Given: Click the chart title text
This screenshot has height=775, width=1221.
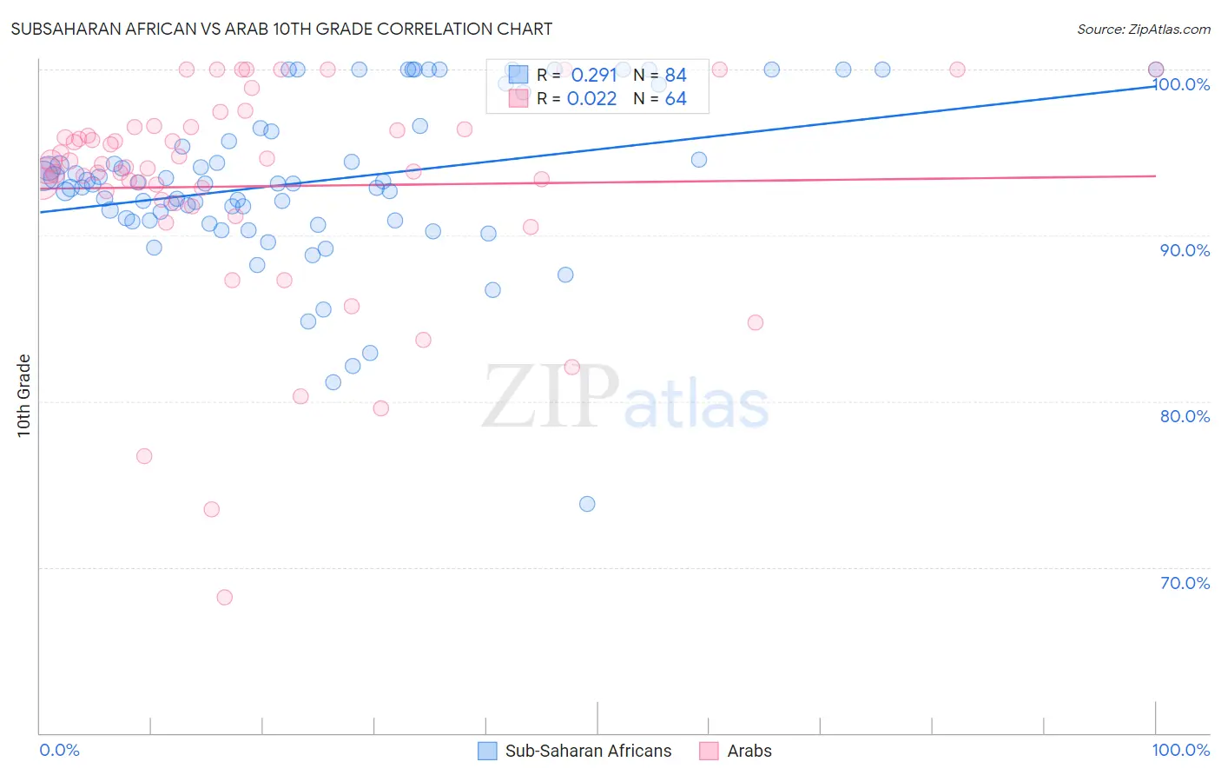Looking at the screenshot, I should tap(281, 29).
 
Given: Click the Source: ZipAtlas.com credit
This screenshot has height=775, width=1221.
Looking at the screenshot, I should tap(1143, 30).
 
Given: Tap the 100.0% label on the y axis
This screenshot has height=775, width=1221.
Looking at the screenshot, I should tap(1183, 84).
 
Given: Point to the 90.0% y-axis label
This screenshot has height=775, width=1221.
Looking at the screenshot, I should tap(1185, 250).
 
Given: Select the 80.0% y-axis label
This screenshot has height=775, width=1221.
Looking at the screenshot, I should tap(1185, 416).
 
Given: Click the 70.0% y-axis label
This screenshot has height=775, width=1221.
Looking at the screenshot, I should tap(1185, 583).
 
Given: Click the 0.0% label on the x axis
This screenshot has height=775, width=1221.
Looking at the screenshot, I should tap(59, 750).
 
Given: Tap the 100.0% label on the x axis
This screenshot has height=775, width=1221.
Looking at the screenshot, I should tap(1180, 750).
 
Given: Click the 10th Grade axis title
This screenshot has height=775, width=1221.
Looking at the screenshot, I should tap(24, 395).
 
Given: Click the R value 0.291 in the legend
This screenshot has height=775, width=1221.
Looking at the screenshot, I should tap(593, 76).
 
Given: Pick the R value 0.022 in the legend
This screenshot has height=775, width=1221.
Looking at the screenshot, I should tap(591, 99).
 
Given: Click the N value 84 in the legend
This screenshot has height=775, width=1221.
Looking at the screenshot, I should tap(676, 76).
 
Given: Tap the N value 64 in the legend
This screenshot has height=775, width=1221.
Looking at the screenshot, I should tap(676, 99).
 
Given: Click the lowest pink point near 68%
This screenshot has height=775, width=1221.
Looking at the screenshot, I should tap(224, 597).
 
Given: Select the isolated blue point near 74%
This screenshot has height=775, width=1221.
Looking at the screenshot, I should tap(587, 504).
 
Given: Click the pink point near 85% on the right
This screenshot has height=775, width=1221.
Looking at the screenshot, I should tap(756, 322).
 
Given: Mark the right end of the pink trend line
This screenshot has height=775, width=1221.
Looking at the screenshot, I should tap(1155, 176).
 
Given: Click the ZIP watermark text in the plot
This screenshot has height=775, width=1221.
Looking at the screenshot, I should tap(551, 397).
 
